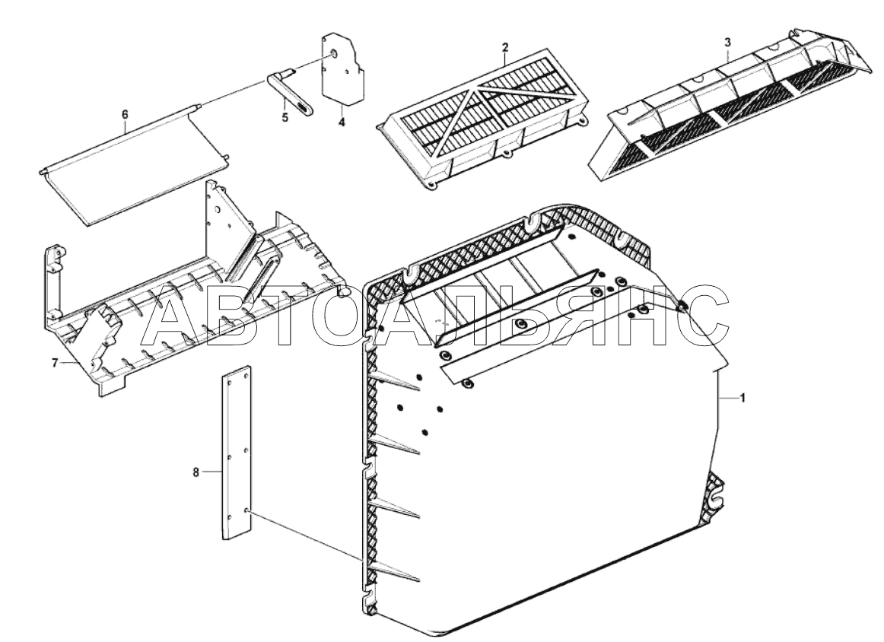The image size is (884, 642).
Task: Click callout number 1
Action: (743, 399)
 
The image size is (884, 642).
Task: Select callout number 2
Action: (504, 48)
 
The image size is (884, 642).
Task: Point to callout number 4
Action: (342, 122)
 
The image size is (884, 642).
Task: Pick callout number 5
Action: (285, 118)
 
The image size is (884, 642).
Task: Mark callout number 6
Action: (126, 114)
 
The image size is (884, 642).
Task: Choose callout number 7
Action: (55, 364)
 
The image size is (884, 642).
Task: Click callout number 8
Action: (196, 472)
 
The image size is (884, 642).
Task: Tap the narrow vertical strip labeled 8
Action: (237, 456)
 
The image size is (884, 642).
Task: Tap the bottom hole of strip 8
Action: (246, 510)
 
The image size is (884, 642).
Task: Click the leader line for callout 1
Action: (729, 399)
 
